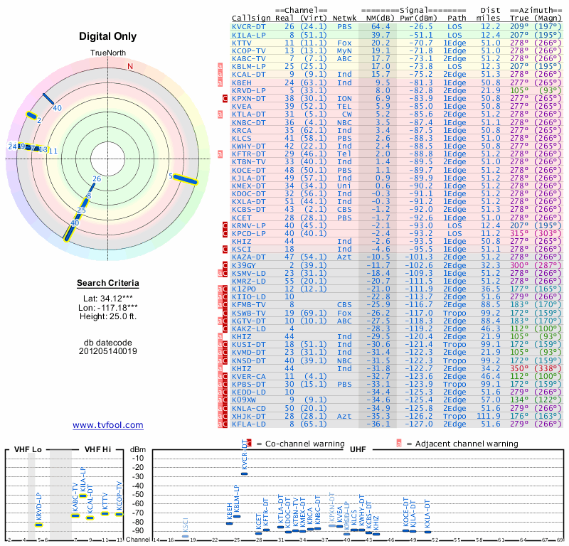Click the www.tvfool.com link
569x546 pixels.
[107, 425]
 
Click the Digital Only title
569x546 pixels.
[107, 36]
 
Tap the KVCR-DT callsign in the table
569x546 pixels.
[249, 26]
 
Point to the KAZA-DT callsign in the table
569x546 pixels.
[249, 256]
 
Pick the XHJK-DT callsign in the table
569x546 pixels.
[249, 415]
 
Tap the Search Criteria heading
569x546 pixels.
[108, 283]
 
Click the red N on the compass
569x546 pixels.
[130, 67]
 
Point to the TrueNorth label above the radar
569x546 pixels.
[107, 53]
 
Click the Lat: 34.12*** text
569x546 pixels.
[108, 298]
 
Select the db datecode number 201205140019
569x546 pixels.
[108, 351]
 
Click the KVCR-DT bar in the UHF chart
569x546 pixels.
[245, 473]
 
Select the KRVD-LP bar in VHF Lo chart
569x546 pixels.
[39, 525]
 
